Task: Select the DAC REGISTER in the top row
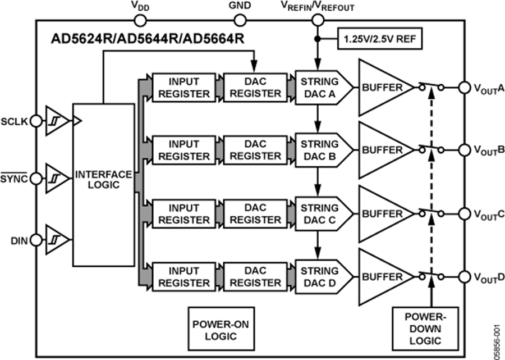(255, 86)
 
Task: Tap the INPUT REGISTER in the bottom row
(183, 277)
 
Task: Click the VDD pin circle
(140, 21)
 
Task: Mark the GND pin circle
(240, 21)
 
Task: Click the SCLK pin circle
(36, 121)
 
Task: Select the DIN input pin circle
(36, 240)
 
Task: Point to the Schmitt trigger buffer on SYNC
(57, 179)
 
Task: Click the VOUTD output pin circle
(463, 277)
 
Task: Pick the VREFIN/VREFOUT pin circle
(317, 21)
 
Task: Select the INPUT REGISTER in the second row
(183, 150)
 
